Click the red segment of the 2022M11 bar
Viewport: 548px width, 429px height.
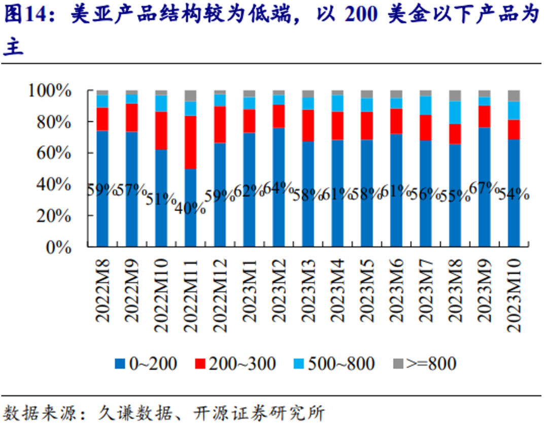coord(191,142)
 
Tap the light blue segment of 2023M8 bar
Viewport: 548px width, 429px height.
coord(455,112)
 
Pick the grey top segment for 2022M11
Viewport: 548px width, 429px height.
coord(191,95)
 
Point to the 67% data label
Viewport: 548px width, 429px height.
coord(484,188)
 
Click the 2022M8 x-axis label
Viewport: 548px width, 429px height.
coord(104,290)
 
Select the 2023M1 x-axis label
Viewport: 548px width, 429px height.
coord(250,290)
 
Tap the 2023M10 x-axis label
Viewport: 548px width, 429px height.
coord(514,293)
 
